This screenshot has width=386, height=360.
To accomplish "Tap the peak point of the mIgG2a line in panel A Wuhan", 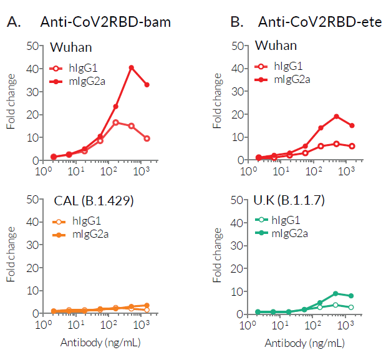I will coord(132,67).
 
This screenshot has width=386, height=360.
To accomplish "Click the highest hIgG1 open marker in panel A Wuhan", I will coord(115,122).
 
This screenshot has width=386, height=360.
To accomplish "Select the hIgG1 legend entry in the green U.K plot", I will coord(281,220).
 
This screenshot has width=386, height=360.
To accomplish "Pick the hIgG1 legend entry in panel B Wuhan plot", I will coord(281,66).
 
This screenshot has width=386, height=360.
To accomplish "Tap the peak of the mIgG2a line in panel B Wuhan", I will coord(336,117).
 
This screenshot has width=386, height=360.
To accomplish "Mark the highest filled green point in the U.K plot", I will coord(336,293).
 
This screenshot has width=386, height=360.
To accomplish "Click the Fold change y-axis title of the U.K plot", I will coord(218,256).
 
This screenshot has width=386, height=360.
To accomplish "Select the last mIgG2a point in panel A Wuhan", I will coord(147,85).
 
